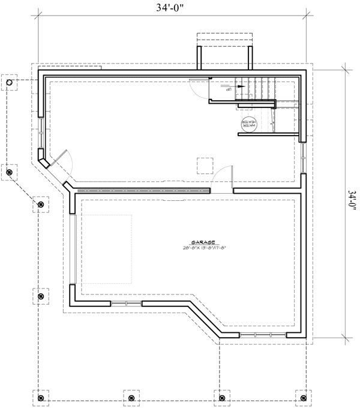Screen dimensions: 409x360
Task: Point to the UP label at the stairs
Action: (228, 87)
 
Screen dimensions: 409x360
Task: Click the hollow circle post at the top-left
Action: (10, 82)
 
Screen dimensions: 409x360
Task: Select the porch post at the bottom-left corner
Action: (41, 397)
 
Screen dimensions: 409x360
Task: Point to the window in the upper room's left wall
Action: (41, 133)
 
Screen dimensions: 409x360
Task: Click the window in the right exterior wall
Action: (305, 157)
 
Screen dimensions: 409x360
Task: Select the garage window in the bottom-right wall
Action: (263, 334)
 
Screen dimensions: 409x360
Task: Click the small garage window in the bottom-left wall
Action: (126, 304)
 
